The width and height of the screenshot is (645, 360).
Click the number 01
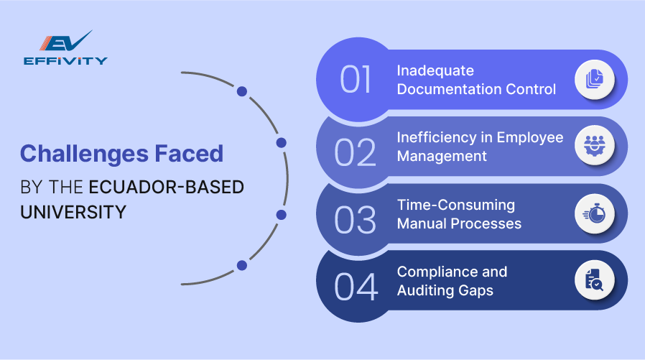tap(356, 80)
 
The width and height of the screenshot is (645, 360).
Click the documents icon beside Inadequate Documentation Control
tap(594, 79)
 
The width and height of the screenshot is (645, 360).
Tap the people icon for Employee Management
tap(594, 146)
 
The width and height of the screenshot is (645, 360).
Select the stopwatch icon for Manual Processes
tap(594, 213)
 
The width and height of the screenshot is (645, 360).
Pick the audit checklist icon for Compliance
tap(594, 280)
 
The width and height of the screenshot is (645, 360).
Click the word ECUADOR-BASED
tap(166, 188)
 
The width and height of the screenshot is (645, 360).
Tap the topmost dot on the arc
tap(242, 91)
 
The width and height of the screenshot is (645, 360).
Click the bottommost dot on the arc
tap(242, 265)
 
